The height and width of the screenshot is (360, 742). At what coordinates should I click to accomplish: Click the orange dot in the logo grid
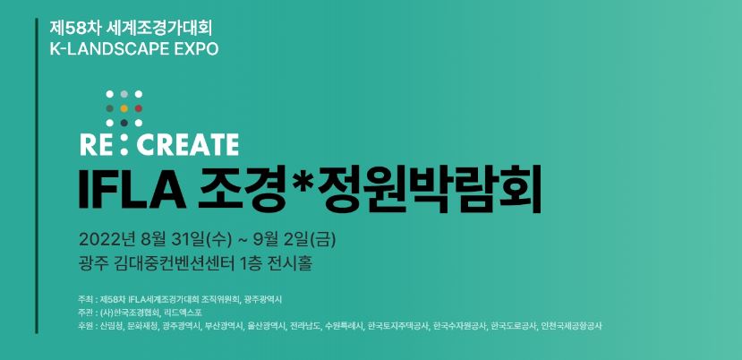point(124,108)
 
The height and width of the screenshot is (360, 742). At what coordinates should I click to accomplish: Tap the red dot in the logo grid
point(139,108)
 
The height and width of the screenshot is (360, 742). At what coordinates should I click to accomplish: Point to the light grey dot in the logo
point(124,94)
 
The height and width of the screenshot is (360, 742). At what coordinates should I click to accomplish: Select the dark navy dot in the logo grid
point(124,124)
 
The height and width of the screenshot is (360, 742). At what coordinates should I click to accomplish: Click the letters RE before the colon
point(97,145)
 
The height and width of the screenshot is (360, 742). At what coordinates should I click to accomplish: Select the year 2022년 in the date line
point(107,240)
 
